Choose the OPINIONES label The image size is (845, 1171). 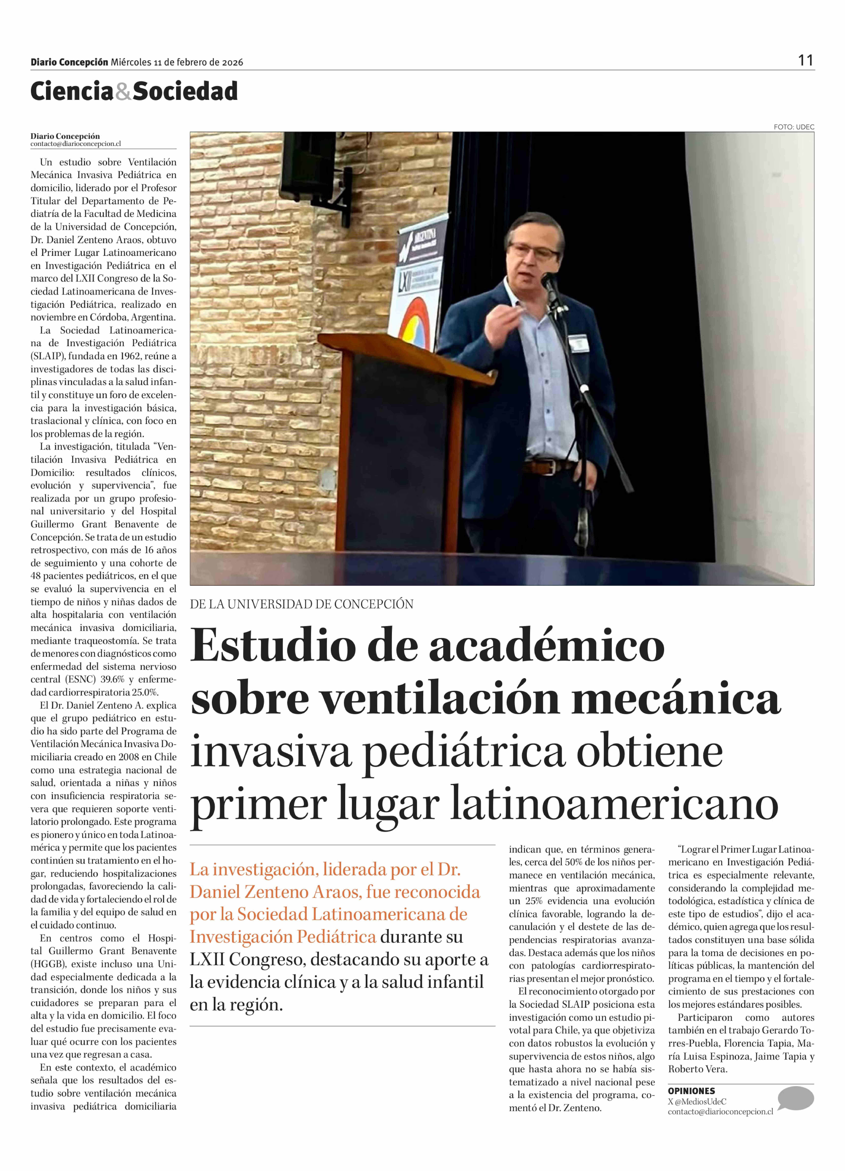coord(691,1091)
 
